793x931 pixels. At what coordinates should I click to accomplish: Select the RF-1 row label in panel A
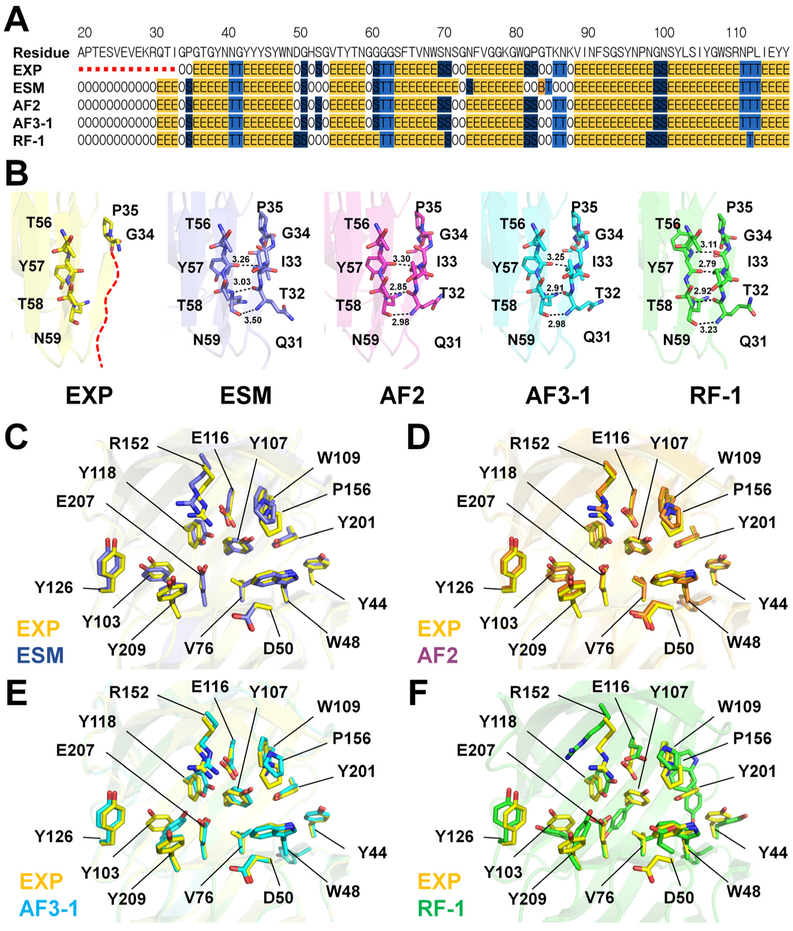coord(28,141)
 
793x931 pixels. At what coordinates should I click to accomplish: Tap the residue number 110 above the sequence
coord(736,33)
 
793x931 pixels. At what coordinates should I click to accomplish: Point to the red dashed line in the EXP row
coord(126,70)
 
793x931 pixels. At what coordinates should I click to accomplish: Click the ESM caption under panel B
coord(246,395)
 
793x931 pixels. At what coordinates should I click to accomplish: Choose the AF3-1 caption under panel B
coord(558,395)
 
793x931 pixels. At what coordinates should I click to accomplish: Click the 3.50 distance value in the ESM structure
coord(253,320)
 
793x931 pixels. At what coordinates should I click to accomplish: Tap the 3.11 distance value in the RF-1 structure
coord(709,245)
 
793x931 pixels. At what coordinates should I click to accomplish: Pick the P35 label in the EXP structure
coord(125,210)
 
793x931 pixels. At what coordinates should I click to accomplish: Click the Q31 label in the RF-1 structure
coord(753,341)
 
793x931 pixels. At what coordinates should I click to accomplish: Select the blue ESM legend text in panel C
coord(40,655)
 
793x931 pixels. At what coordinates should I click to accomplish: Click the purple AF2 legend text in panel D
coord(438,655)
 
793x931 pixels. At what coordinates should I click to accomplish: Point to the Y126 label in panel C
coord(54,587)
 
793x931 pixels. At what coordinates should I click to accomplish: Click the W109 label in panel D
coord(739,458)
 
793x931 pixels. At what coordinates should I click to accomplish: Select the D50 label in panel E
coord(278,898)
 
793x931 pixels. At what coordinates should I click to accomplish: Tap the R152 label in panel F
coord(529,692)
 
